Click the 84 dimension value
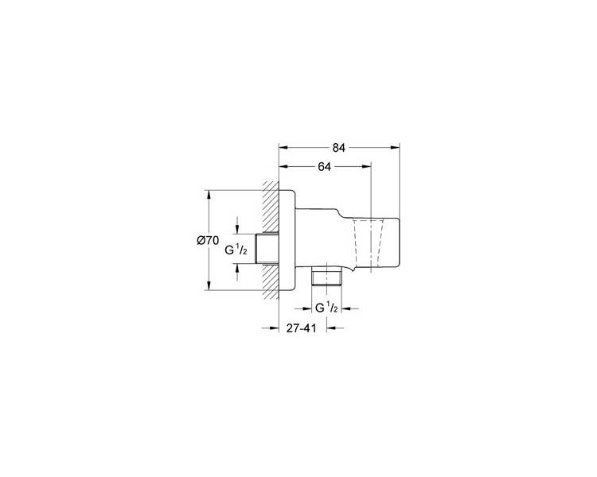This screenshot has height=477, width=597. (x=338, y=148)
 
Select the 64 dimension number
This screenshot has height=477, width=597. (x=324, y=167)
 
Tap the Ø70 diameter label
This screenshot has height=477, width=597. (x=208, y=240)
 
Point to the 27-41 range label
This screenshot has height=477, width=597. (x=301, y=328)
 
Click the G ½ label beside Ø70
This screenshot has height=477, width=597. (x=236, y=250)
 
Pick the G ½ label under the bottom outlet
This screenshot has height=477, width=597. (x=326, y=308)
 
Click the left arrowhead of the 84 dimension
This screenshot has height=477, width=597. (x=283, y=148)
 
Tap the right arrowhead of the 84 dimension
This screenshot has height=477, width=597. (x=395, y=148)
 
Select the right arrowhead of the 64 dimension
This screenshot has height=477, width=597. (x=367, y=166)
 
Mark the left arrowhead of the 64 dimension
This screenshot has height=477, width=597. (x=283, y=166)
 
